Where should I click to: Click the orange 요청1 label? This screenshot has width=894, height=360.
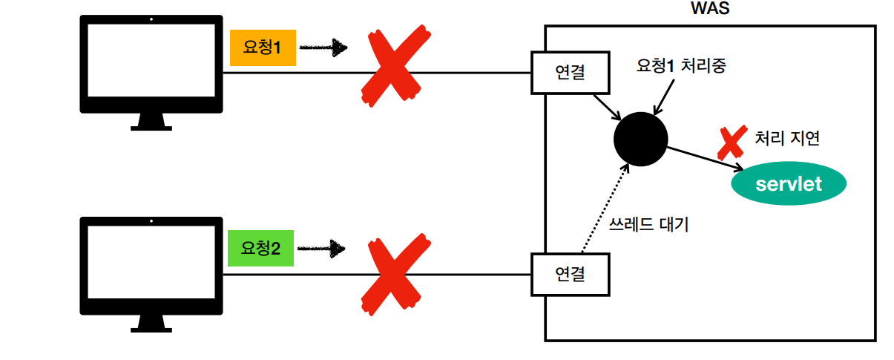tap(263, 48)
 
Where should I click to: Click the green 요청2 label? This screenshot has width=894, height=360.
tap(260, 248)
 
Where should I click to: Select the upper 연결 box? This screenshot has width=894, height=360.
tap(570, 73)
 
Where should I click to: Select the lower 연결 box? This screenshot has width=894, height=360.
tap(570, 275)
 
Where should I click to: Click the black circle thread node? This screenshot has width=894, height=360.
tap(641, 139)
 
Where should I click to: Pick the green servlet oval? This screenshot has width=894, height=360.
tap(789, 183)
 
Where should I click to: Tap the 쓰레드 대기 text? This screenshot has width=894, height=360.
tap(648, 224)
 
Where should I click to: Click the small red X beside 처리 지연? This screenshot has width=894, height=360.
tap(731, 143)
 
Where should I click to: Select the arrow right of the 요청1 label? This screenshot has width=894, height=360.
tap(324, 48)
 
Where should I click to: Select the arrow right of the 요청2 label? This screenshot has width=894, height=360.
tap(323, 248)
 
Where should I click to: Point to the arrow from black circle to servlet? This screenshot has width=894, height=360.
tap(705, 159)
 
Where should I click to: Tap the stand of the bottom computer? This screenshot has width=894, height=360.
tap(151, 324)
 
